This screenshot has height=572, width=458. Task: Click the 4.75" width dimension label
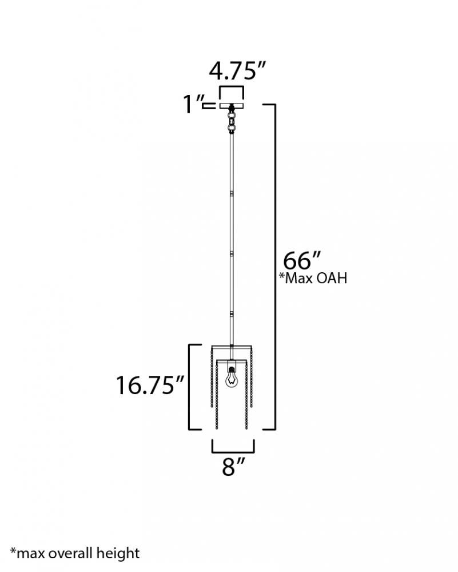click(237, 70)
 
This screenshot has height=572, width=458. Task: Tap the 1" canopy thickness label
click(193, 104)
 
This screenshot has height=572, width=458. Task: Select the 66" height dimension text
click(301, 260)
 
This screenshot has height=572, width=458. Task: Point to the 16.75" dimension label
click(150, 385)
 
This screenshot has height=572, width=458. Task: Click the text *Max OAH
click(313, 278)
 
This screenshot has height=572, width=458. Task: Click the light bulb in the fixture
click(231, 379)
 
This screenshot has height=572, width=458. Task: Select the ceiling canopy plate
click(231, 106)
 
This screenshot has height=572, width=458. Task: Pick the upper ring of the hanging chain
click(231, 117)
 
